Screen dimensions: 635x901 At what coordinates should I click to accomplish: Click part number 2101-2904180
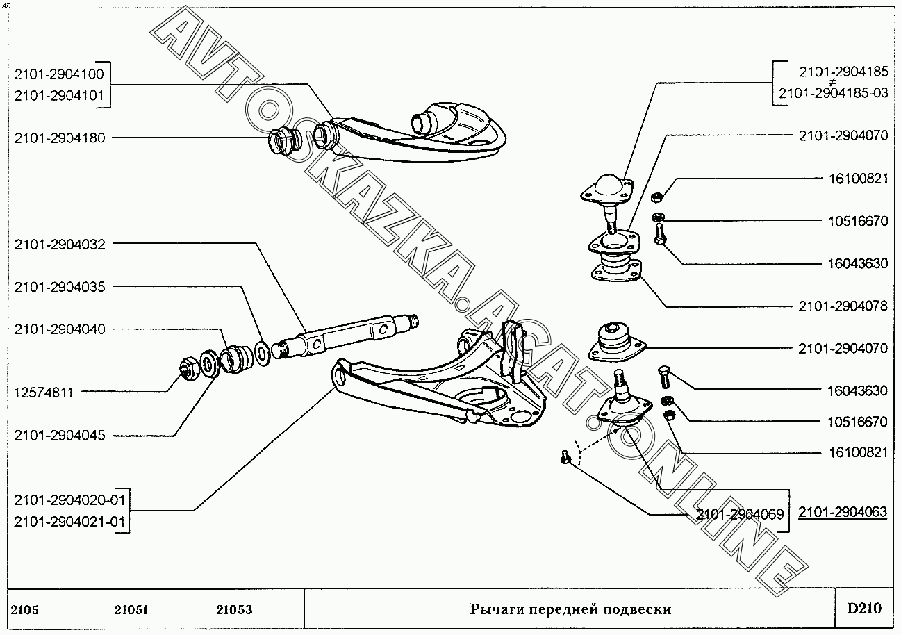59,138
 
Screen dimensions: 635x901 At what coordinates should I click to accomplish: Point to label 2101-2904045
59,436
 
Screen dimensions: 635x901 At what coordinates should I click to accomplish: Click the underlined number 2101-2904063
843,513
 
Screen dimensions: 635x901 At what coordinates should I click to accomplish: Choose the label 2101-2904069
739,515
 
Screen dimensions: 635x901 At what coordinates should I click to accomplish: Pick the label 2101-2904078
843,306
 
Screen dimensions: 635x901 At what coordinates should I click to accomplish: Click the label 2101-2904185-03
833,93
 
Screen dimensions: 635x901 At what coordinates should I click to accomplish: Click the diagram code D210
863,609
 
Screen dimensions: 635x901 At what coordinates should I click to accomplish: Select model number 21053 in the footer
233,610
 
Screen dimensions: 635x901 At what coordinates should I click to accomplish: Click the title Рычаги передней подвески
570,610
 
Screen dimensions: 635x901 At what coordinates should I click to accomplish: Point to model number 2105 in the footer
25,610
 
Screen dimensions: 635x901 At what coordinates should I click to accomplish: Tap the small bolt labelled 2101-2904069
565,457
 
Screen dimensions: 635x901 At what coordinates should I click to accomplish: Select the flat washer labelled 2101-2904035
263,352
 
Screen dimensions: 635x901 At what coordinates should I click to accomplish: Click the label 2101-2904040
59,329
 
